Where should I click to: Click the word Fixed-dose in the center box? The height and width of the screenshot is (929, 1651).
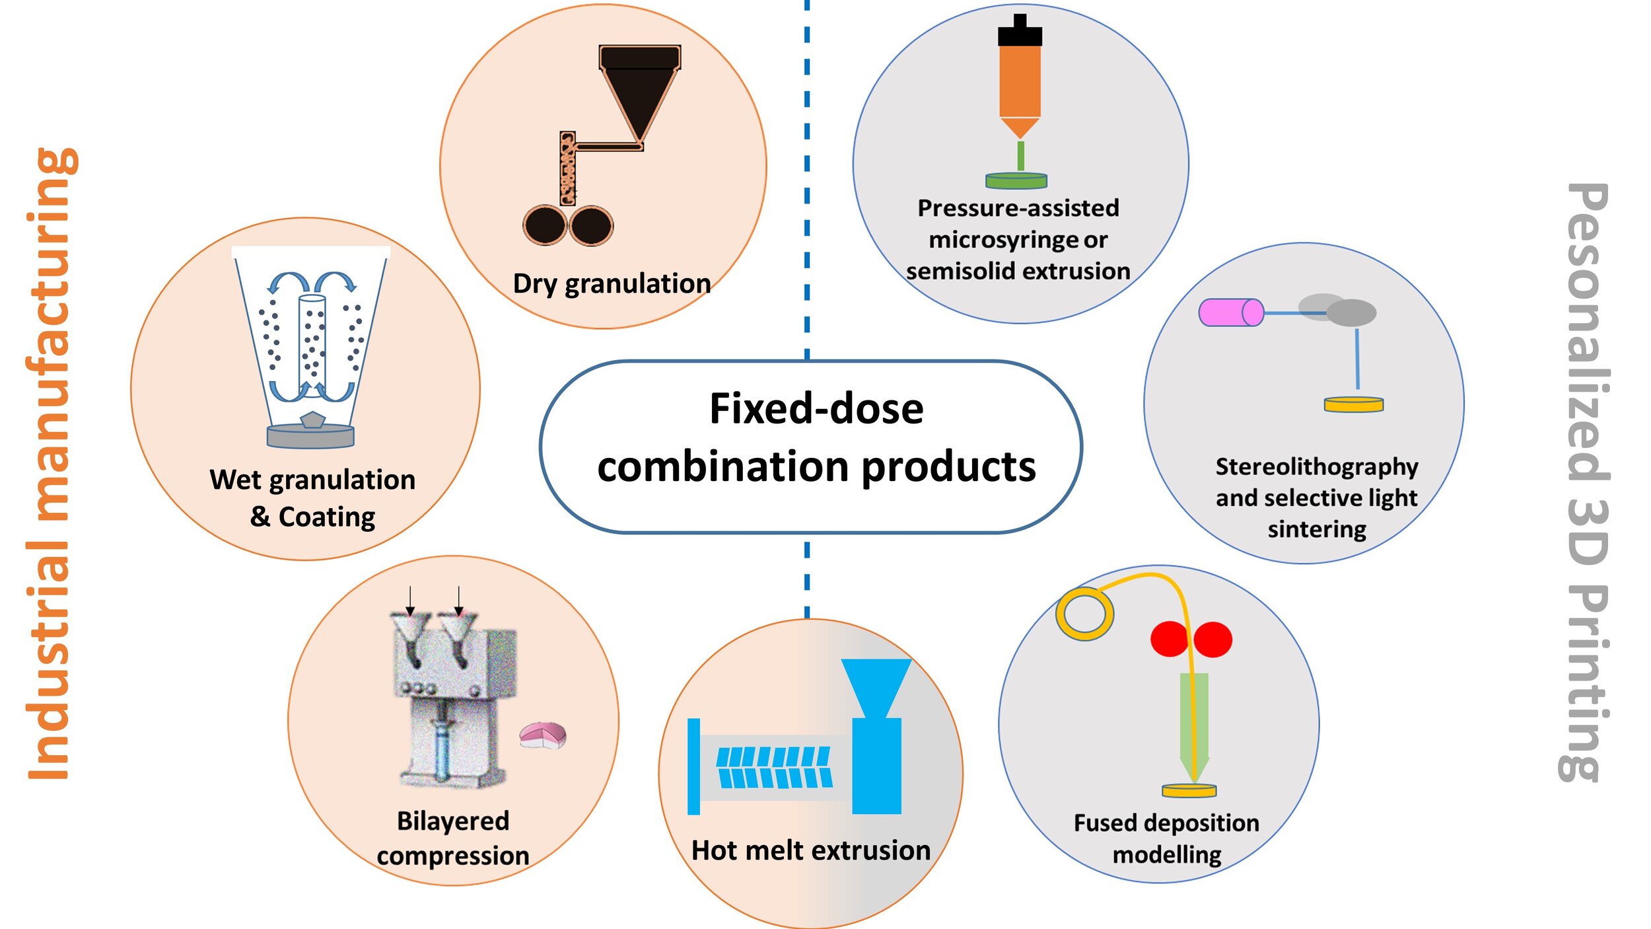816,409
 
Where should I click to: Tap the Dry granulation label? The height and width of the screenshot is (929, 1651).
612,283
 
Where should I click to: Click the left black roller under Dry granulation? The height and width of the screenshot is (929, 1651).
545,225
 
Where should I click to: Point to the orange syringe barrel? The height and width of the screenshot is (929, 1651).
1020,79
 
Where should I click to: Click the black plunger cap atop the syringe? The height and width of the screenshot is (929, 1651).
1020,32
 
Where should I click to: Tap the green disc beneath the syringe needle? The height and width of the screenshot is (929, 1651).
1016,180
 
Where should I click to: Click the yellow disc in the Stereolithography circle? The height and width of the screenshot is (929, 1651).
1353,404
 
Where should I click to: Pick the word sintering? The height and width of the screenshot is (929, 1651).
1317,529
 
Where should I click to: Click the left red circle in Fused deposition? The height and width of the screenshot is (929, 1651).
1170,639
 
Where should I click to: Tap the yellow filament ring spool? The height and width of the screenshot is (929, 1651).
1084,614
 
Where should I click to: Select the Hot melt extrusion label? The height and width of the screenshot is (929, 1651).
810,850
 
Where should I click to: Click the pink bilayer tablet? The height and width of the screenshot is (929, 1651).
543,735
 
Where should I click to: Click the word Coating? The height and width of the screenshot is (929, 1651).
327,517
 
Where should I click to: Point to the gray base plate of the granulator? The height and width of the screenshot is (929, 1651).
310,436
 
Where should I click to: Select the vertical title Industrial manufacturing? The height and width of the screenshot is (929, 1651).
50,463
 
